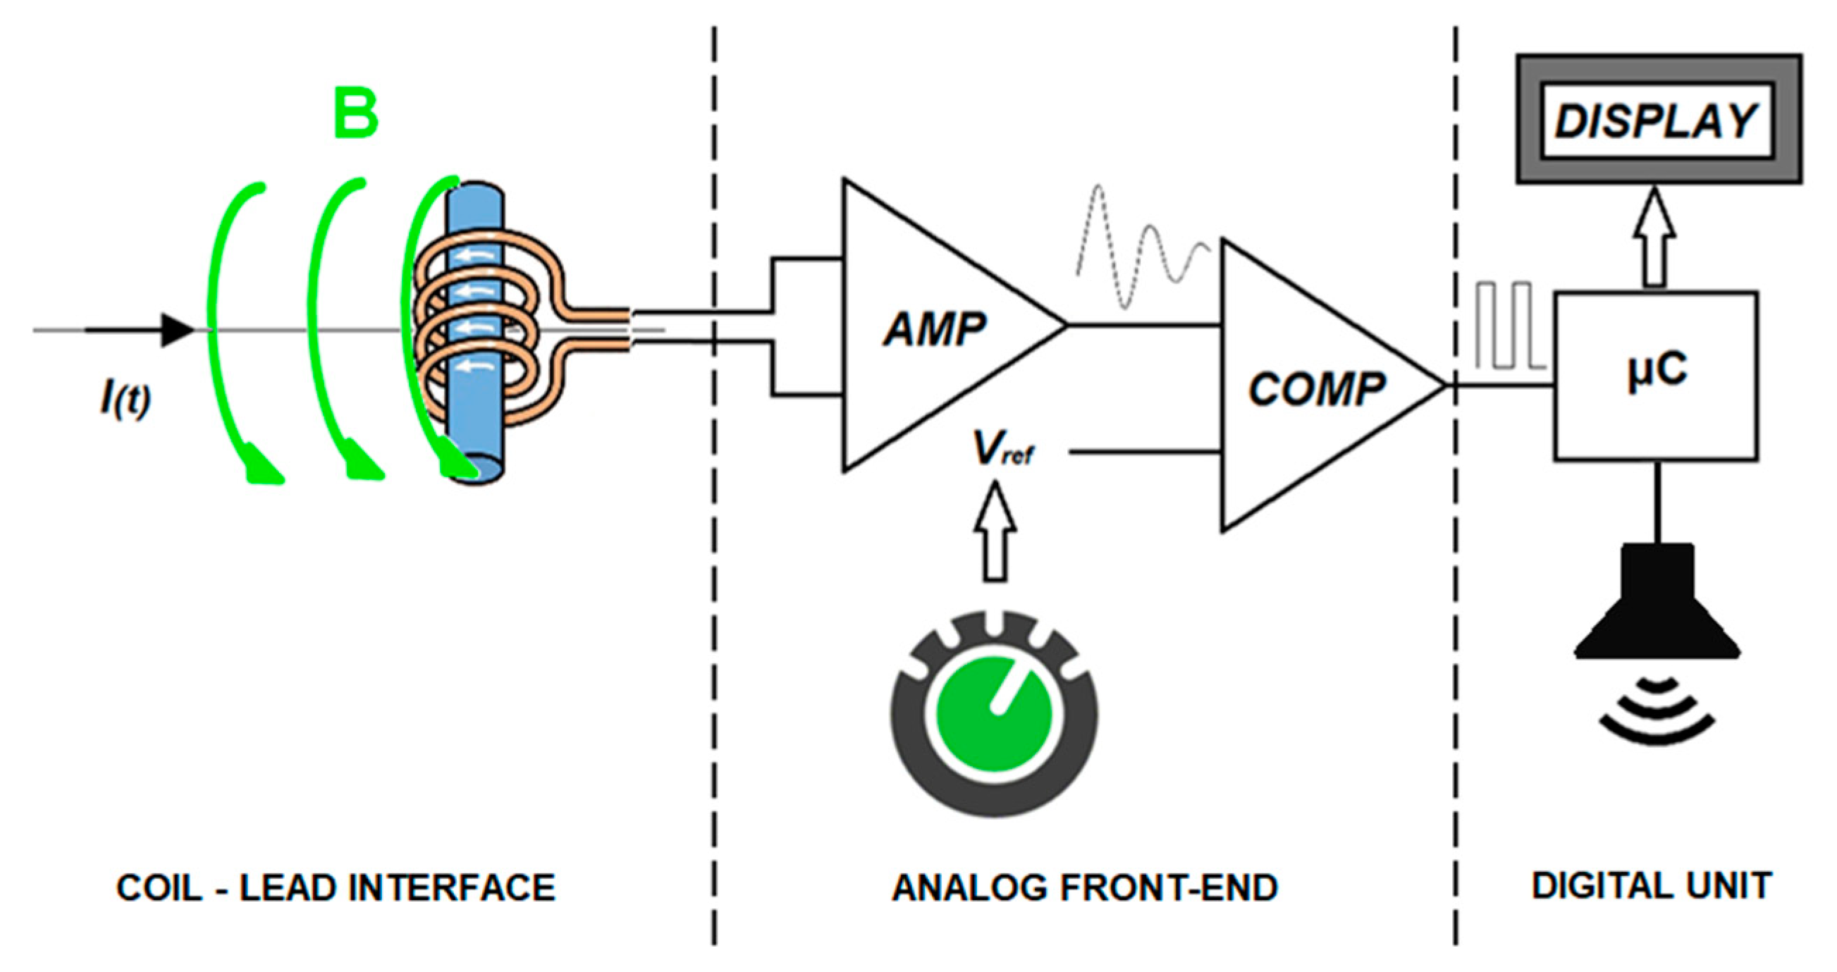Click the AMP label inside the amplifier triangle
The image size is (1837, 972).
(934, 330)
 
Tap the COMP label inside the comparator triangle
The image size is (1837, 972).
(1316, 390)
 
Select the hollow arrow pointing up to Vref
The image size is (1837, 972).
(995, 531)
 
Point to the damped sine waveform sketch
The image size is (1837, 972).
(1141, 246)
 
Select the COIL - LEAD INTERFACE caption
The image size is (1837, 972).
(335, 889)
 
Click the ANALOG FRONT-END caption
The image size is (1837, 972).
(1085, 889)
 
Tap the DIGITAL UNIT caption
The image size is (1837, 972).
(1652, 886)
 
